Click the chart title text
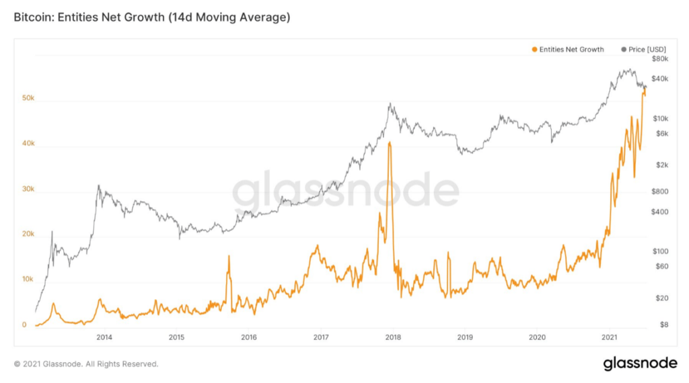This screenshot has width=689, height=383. [x=152, y=18]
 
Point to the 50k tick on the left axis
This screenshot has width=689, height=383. [x=28, y=99]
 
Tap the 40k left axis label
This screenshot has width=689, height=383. [x=28, y=144]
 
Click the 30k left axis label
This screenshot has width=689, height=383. [x=28, y=189]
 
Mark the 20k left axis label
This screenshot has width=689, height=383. [x=28, y=235]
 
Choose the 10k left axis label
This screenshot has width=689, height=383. [x=28, y=280]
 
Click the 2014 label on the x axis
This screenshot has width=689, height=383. [x=104, y=337]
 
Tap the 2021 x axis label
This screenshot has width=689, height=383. [x=609, y=337]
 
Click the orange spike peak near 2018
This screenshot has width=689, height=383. [x=390, y=142]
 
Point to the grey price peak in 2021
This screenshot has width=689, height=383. [x=628, y=69]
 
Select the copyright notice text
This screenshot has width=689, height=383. [x=86, y=364]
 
